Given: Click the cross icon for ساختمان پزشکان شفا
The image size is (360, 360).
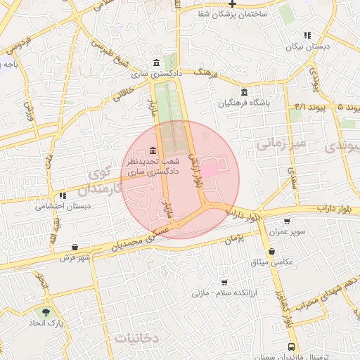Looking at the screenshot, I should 232,4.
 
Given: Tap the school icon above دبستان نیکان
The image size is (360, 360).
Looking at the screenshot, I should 307,35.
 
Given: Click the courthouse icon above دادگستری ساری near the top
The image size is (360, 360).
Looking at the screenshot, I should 155,62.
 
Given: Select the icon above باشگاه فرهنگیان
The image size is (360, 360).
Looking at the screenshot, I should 244,93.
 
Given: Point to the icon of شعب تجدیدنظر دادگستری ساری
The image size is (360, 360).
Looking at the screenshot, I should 154,150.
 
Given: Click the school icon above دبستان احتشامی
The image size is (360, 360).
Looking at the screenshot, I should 63,195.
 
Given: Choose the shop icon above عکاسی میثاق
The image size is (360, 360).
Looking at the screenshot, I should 271,251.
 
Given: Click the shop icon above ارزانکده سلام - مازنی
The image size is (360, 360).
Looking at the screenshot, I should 224,281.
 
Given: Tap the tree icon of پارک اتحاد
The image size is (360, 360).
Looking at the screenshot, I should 46,311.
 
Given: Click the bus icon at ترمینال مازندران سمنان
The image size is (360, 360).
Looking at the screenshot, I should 291,347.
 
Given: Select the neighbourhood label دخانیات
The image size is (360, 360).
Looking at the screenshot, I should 137,338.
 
